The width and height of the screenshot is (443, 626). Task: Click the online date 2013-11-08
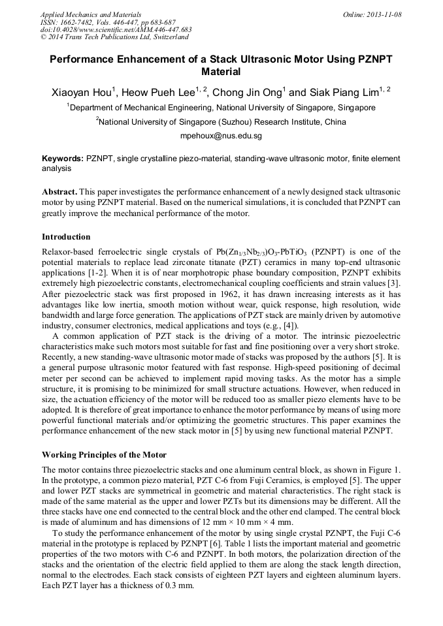386,14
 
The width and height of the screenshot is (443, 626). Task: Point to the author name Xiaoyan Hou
82,92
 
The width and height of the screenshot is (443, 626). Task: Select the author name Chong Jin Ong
248,92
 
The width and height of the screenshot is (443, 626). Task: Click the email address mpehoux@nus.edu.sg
221,136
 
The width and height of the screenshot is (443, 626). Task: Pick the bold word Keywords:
63,159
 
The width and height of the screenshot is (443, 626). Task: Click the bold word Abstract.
60,193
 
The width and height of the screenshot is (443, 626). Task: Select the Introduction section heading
66,236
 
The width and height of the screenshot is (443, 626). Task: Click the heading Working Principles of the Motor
104,454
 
